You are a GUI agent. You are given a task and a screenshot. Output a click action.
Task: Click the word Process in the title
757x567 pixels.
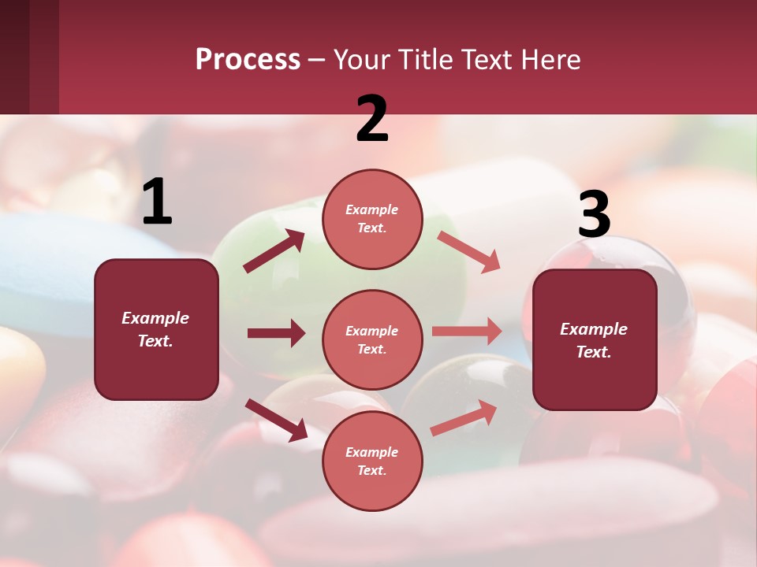[248, 60]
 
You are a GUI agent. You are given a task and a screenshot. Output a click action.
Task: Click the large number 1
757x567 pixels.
[157, 203]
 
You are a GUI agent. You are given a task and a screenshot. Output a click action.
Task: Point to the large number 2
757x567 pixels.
[372, 119]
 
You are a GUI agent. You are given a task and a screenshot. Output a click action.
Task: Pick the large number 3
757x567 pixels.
[594, 216]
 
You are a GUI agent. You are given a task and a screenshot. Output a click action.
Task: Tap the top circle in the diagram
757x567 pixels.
[372, 219]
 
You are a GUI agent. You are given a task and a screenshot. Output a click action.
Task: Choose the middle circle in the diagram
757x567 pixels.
[372, 339]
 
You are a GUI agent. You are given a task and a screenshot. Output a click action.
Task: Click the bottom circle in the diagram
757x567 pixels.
[372, 461]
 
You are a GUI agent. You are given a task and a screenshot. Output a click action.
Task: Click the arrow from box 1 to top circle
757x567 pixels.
[274, 251]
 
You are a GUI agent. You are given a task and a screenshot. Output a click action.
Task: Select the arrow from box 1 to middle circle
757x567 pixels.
[276, 333]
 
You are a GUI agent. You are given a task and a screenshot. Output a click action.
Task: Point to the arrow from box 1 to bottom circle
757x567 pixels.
[276, 420]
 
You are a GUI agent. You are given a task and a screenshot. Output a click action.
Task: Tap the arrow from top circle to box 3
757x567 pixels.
[468, 252]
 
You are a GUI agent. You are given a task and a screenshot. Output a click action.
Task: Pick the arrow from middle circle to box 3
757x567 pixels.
[467, 332]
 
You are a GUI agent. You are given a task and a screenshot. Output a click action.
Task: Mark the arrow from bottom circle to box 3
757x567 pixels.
[464, 418]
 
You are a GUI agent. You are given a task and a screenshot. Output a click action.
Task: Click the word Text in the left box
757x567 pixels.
[155, 341]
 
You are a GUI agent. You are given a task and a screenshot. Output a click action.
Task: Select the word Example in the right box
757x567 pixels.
[594, 329]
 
